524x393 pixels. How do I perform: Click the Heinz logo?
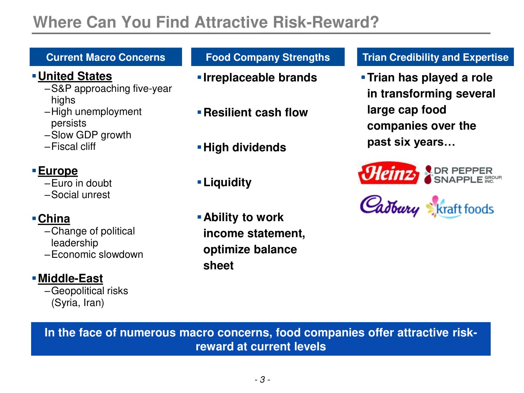coord(388,173)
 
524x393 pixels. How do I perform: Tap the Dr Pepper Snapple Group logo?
coord(463,175)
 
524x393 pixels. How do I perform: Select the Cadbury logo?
coord(390,206)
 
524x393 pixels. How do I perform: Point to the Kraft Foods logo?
coord(460,207)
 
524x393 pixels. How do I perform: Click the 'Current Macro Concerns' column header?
coord(106,57)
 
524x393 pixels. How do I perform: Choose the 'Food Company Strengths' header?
coord(268,57)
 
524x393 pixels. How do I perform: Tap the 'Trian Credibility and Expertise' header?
coord(435,57)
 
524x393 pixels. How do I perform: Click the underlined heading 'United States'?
coord(75,77)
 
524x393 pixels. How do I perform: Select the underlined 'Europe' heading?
coord(58,171)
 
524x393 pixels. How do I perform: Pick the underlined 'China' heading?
coord(54,219)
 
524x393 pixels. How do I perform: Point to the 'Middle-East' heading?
coord(71,278)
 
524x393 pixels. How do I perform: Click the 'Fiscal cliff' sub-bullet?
coord(73,146)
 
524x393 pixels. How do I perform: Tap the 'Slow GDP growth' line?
coord(91,135)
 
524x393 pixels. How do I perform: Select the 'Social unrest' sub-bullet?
coord(80,195)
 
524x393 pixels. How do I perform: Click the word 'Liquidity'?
coord(227,183)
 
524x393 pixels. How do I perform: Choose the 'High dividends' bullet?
coord(245,147)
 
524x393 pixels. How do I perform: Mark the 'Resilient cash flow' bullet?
coord(256,112)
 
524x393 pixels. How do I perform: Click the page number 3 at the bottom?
coord(263,379)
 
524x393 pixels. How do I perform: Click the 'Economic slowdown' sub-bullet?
coord(97,254)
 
